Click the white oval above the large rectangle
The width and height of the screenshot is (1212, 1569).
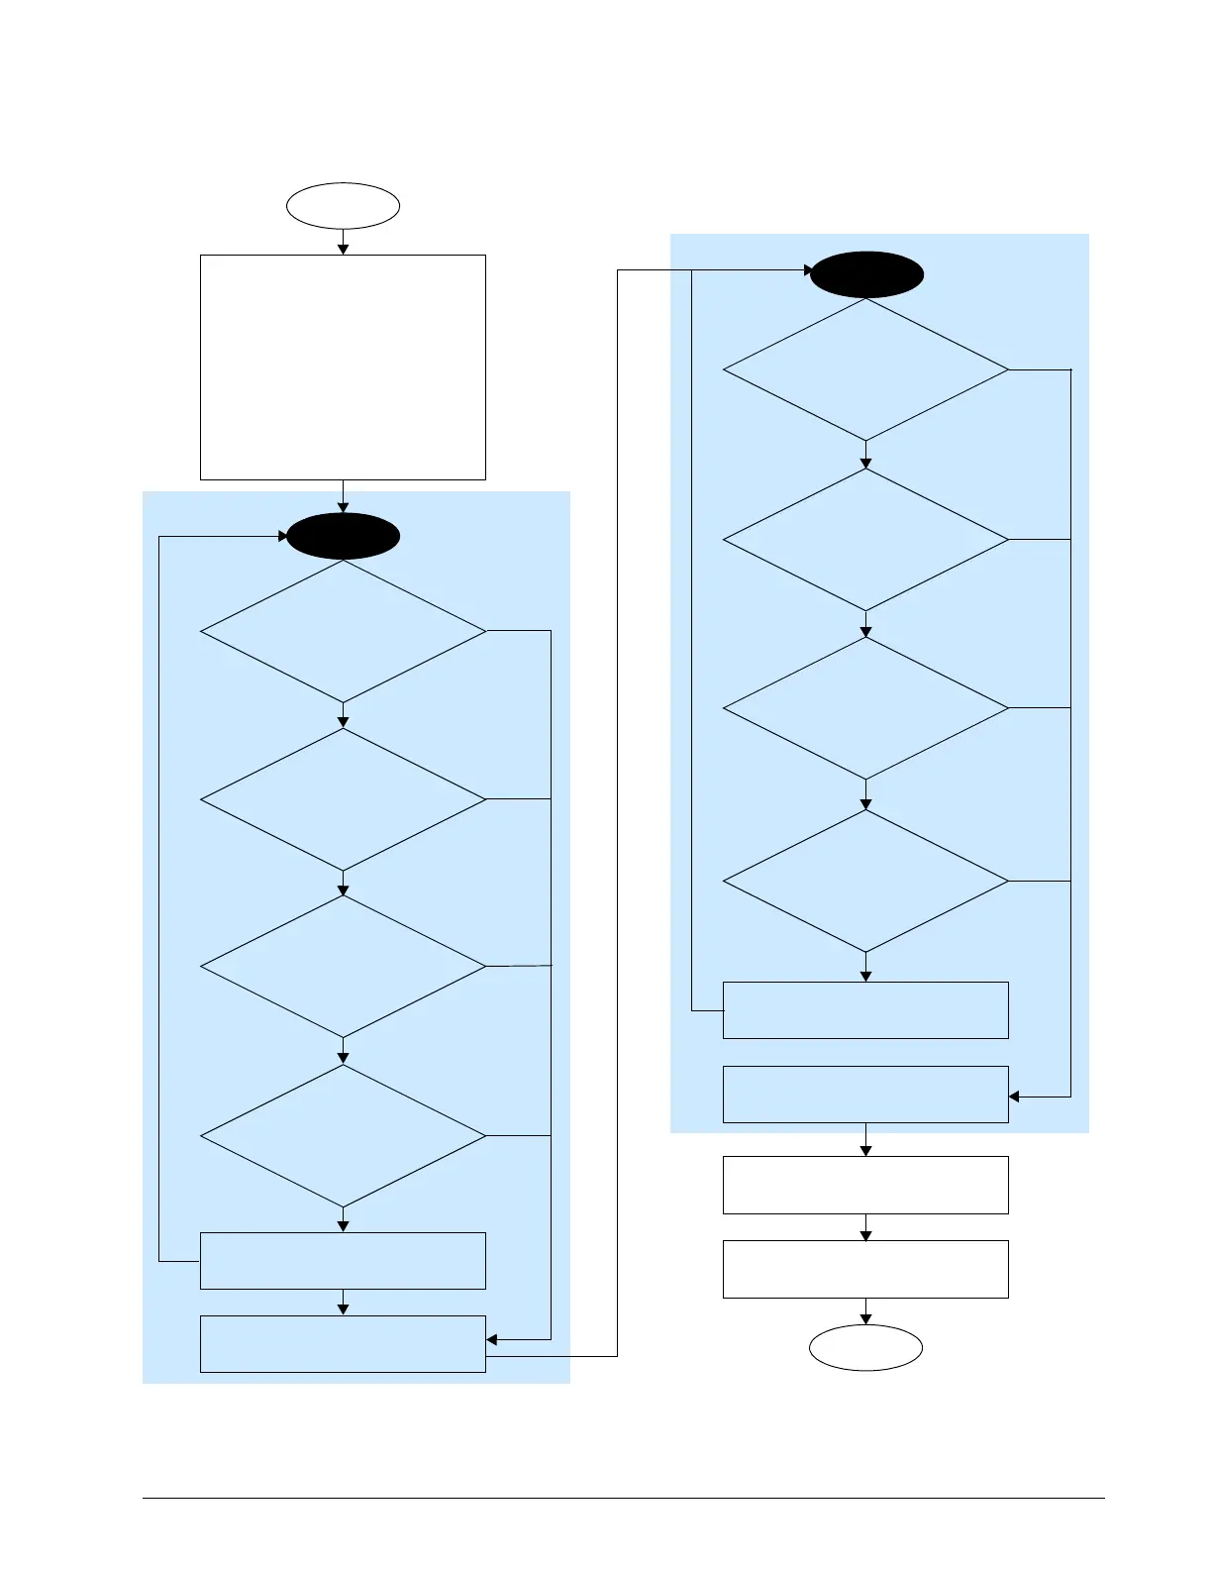click(x=343, y=206)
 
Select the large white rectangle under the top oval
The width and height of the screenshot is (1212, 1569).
click(x=343, y=367)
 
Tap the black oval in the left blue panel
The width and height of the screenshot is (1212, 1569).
click(x=343, y=536)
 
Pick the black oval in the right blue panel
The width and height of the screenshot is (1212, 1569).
click(x=866, y=274)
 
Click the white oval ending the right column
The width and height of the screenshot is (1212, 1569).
click(x=865, y=1347)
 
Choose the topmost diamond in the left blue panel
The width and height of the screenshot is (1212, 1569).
click(x=343, y=631)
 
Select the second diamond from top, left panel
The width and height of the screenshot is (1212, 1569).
click(x=343, y=799)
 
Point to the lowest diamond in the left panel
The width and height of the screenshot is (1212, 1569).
click(x=343, y=1135)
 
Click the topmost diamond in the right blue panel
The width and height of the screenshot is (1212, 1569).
click(x=865, y=369)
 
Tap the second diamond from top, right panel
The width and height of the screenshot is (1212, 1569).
click(x=865, y=540)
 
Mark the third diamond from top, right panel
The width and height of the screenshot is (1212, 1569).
click(x=865, y=708)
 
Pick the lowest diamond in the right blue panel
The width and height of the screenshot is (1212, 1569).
click(x=865, y=881)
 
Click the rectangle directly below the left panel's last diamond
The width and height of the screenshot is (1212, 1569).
click(x=343, y=1261)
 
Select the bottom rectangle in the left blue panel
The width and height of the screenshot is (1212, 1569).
click(x=343, y=1344)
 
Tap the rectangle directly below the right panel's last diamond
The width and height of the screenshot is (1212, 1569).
click(x=865, y=1010)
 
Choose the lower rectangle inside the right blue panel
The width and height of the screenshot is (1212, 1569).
click(x=865, y=1095)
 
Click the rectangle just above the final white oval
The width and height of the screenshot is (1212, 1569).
click(x=865, y=1269)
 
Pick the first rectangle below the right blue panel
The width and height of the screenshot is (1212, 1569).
click(x=865, y=1185)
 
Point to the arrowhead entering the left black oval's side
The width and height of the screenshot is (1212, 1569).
click(x=283, y=537)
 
